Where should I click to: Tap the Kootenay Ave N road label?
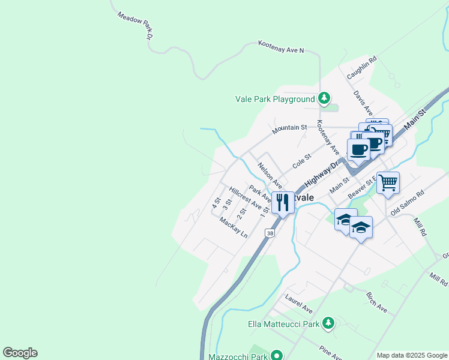tap(281, 47)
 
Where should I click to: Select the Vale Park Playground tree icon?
tap(324, 98)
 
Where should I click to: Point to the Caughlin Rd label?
tap(361, 68)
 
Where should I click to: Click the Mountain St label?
tap(289, 128)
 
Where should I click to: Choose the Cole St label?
tap(301, 161)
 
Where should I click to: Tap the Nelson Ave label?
tap(270, 174)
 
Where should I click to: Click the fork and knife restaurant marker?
tap(283, 202)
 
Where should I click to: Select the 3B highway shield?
tap(270, 233)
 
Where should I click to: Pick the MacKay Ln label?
tap(234, 228)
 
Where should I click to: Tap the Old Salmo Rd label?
tap(407, 204)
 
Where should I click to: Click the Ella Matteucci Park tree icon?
tap(328, 323)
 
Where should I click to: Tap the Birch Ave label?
tap(377, 304)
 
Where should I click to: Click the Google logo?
tap(20, 353)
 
